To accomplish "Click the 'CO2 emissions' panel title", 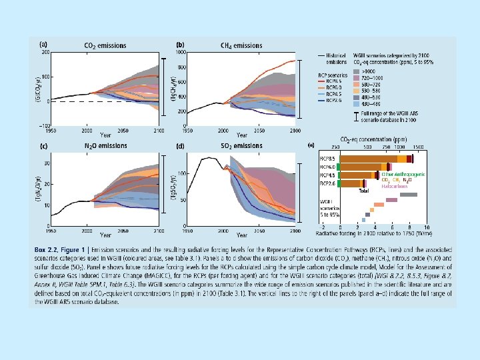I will click(105, 45).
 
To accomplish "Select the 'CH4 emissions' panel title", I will click(241, 45).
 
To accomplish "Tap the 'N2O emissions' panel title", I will click(105, 146).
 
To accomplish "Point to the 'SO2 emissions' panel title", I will click(242, 146).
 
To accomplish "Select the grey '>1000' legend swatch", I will click(377, 71).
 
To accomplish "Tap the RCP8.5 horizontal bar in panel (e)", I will click(376, 159).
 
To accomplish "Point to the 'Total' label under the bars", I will click(364, 191).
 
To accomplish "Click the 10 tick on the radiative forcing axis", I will click(425, 227).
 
